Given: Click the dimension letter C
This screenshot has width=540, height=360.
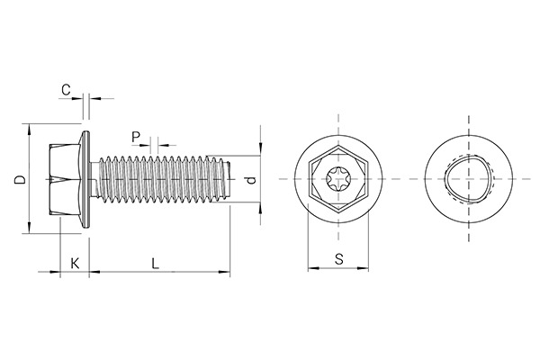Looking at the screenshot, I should coord(66,89).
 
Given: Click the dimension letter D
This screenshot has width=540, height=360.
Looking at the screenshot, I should coord(18,180).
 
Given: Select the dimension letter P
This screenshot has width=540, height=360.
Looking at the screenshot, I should coord(135,137).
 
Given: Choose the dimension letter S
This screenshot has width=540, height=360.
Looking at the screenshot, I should coord(338,259).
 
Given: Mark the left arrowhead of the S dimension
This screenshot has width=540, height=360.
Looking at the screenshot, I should coord(311,267).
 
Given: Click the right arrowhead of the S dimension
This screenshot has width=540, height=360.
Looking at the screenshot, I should coord(366,267).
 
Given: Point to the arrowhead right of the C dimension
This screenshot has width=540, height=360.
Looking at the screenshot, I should coord(92,97).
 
